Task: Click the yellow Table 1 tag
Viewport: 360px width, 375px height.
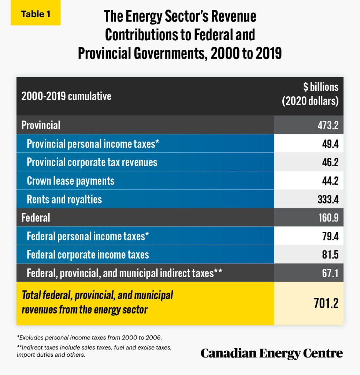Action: (x=36, y=15)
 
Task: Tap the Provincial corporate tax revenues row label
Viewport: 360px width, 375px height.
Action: (x=92, y=162)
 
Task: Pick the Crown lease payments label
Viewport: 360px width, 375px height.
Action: (x=71, y=181)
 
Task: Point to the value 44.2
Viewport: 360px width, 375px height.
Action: (x=328, y=181)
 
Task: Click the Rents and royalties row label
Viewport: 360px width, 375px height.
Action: (x=64, y=199)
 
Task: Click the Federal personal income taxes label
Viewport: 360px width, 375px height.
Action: (x=88, y=236)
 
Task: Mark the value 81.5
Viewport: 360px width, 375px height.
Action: (x=328, y=255)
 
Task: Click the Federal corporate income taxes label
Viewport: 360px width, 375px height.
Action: (x=88, y=255)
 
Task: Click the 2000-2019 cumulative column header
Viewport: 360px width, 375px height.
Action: (x=66, y=96)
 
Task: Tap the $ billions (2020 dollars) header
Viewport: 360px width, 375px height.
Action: (x=310, y=94)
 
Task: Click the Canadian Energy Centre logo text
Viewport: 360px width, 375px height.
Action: (x=272, y=353)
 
